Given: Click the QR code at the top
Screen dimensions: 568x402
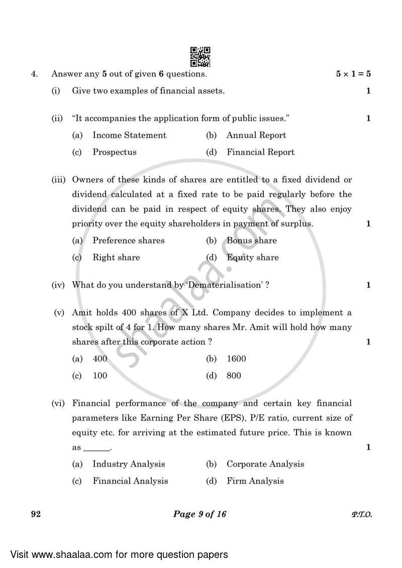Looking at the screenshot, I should click(200, 57).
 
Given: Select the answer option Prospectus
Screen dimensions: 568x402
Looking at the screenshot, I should click(114, 152).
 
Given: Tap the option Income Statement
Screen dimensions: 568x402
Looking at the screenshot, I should click(129, 135).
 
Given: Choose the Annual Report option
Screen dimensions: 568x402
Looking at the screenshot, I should click(256, 135).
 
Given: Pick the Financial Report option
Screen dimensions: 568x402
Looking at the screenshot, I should click(260, 152).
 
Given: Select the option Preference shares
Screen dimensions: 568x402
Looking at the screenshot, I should click(128, 241).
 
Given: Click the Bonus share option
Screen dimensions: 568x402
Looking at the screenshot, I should click(251, 241).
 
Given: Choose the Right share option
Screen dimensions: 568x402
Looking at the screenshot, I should click(116, 258).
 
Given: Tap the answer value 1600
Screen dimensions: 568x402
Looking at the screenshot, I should click(236, 359).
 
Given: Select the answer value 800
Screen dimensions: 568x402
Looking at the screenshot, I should click(234, 376).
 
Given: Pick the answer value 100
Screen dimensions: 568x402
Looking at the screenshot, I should click(99, 376).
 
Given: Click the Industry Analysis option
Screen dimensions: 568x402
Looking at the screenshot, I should click(129, 464).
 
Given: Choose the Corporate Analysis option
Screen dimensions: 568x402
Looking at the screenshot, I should click(265, 464).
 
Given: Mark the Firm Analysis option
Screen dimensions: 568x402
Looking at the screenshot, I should click(255, 481).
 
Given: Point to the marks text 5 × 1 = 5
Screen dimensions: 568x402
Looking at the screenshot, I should click(353, 74).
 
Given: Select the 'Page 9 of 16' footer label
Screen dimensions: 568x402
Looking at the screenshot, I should click(200, 514).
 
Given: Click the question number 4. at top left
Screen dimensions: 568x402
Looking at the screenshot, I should click(34, 74).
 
